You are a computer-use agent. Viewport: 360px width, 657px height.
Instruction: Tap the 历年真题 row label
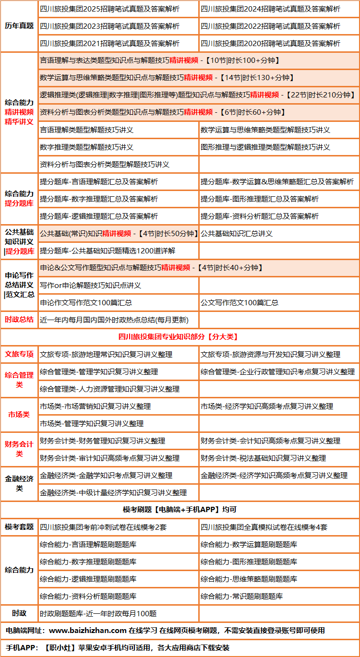click(19, 26)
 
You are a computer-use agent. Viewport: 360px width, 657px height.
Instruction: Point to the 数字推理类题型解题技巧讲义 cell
click(87, 147)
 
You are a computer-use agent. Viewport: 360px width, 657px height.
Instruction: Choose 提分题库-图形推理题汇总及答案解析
click(260, 199)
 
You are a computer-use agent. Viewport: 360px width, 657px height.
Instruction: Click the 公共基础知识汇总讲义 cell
click(237, 234)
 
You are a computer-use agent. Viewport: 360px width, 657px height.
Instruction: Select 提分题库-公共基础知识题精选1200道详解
click(108, 251)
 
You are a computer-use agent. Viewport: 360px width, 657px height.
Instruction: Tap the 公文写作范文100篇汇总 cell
click(240, 303)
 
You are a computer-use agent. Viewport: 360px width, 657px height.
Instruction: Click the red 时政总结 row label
click(19, 320)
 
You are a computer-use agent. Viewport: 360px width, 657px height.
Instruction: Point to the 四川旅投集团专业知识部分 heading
click(180, 337)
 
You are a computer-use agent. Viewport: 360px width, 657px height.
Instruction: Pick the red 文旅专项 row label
click(19, 354)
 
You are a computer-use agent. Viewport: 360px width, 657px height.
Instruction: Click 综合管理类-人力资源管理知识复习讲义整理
click(110, 389)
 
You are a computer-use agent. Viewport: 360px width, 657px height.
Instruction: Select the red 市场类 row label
click(19, 415)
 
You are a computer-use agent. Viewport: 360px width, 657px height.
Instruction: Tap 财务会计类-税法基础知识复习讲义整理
click(264, 458)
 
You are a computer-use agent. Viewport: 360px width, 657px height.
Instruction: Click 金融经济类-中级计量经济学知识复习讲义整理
click(113, 493)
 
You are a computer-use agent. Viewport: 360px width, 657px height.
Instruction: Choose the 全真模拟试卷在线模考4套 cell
click(264, 527)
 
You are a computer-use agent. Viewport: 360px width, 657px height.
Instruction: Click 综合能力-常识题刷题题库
click(242, 597)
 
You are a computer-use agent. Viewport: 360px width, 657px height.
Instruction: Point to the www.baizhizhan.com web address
click(88, 630)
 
